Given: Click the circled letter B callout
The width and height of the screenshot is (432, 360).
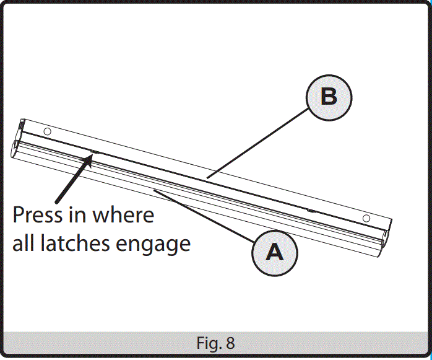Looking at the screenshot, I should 329,97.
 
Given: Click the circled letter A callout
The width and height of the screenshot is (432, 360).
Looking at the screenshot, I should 274,252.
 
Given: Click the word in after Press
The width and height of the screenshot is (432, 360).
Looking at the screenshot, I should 79,216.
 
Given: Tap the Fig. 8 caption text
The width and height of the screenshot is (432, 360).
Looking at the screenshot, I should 216,343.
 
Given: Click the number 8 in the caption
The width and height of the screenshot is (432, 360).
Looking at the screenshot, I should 231,343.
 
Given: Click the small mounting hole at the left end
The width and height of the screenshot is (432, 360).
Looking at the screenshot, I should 46,131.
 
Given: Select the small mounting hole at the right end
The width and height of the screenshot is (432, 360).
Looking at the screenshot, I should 366,218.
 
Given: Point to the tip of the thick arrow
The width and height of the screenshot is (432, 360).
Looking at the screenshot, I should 92,156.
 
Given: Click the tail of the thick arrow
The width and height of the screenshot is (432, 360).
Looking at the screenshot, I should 57,201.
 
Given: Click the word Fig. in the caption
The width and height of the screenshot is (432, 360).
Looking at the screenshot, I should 209,343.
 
